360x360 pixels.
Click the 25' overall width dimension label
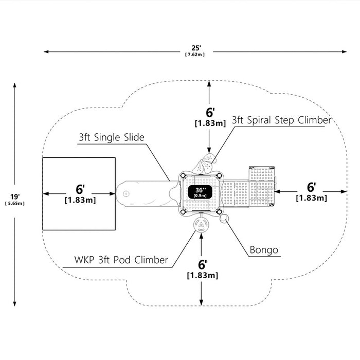click(x=196, y=48)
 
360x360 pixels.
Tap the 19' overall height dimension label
click(x=15, y=197)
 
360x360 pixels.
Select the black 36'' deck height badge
click(x=200, y=192)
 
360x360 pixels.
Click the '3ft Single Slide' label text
click(x=112, y=137)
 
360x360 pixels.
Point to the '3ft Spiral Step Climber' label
click(x=282, y=120)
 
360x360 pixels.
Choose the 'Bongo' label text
click(x=264, y=250)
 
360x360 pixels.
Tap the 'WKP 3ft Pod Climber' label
click(x=121, y=260)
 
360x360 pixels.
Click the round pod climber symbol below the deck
click(x=201, y=225)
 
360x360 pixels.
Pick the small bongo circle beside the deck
click(x=224, y=219)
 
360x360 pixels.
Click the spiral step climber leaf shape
click(x=204, y=164)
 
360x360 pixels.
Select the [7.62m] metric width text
click(x=195, y=55)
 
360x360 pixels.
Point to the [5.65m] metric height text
click(x=15, y=204)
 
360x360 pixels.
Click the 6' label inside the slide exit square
click(x=80, y=189)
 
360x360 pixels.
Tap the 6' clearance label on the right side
click(x=311, y=187)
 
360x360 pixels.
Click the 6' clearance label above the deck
click(x=210, y=113)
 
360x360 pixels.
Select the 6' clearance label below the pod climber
click(x=203, y=265)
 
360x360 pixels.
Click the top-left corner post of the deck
click(x=183, y=176)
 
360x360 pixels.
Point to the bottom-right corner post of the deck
click(x=219, y=211)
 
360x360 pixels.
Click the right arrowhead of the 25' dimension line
click(x=345, y=51)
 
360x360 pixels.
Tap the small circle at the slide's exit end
click(x=126, y=194)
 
